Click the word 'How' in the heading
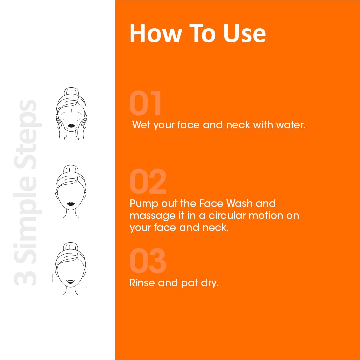point(156,33)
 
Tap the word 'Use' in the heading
point(245,33)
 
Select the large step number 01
point(145,103)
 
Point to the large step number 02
point(148,181)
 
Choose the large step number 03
point(148,261)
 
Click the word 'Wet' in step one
point(141,125)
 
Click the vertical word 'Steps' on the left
point(28,134)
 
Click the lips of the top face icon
point(71,126)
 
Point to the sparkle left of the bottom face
point(52,278)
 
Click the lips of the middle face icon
point(71,204)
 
